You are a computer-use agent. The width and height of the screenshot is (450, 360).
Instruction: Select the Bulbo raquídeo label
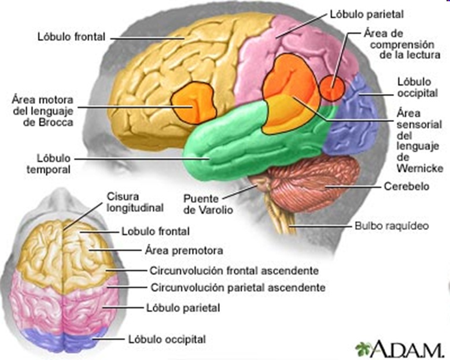coord(391,226)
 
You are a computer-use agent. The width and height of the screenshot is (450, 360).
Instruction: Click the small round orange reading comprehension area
coord(332,88)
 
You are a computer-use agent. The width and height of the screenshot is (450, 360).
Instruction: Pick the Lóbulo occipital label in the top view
coord(167,339)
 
